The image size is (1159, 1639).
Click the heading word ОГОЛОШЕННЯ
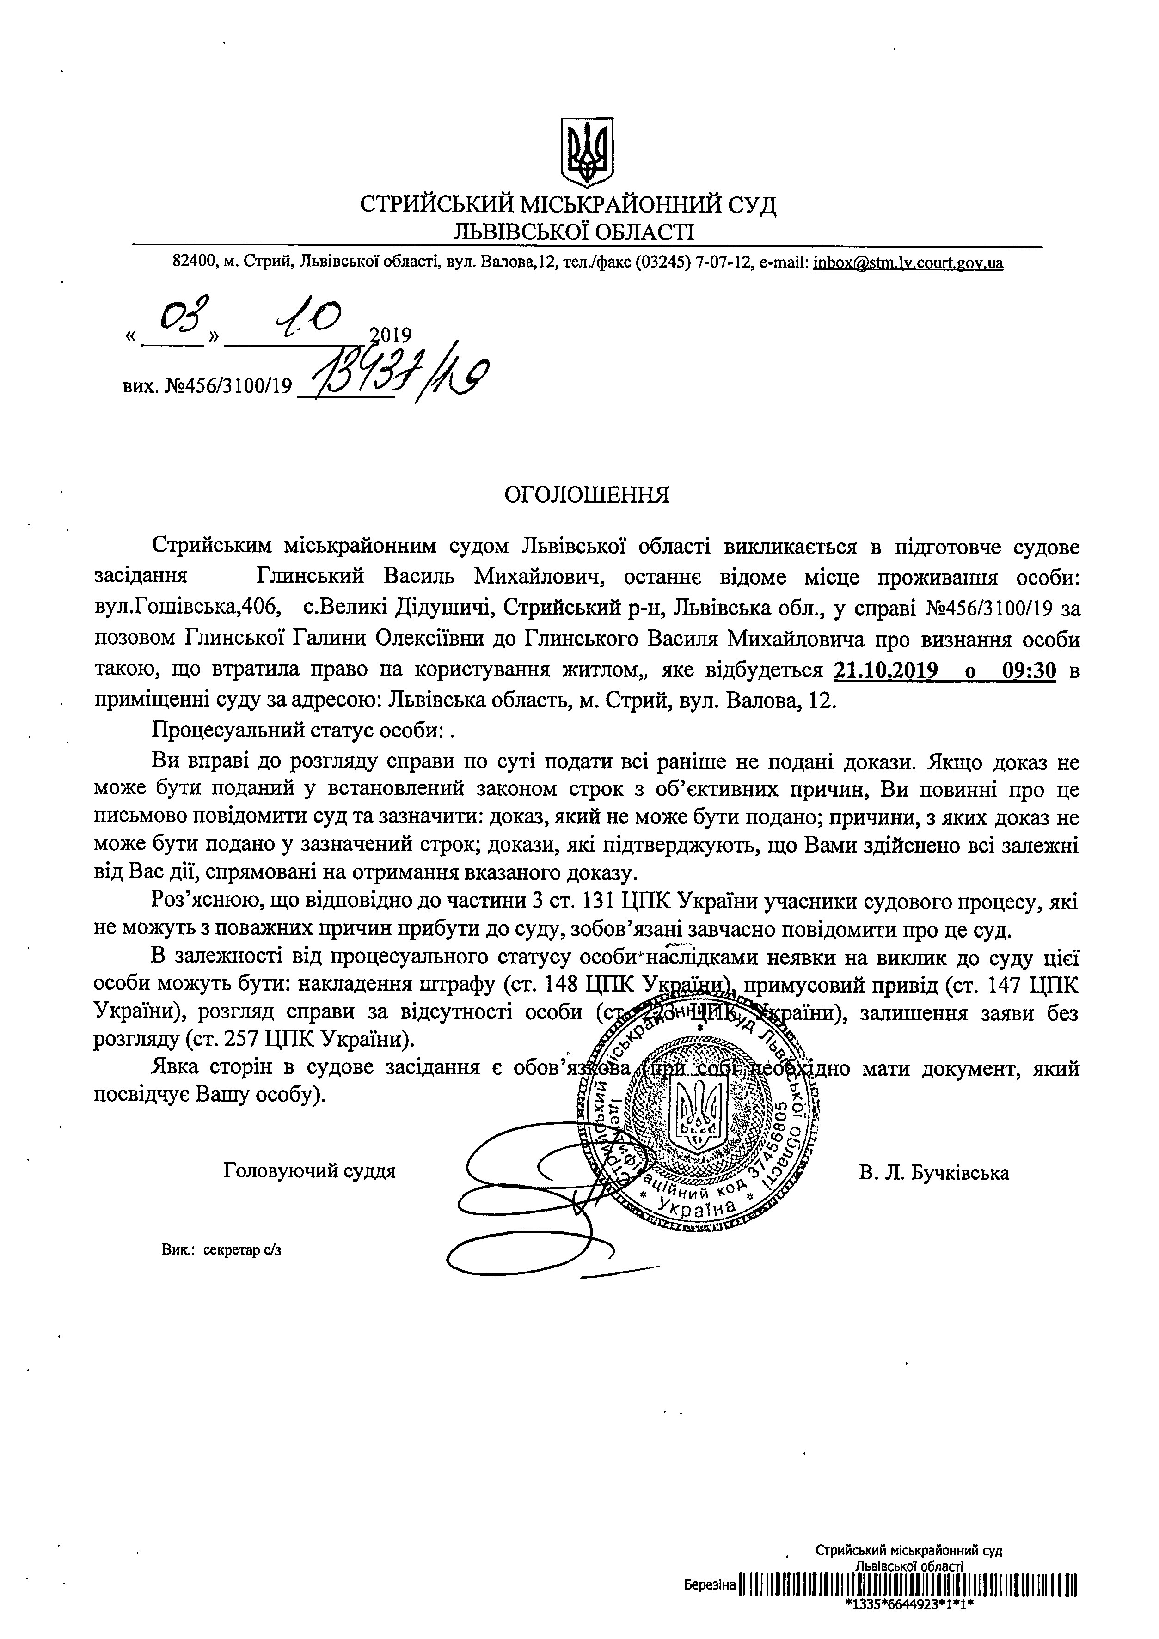tap(587, 495)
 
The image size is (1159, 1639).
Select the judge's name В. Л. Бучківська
tap(934, 1173)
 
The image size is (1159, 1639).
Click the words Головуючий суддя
tap(309, 1171)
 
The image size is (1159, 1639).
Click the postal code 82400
tap(195, 263)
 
